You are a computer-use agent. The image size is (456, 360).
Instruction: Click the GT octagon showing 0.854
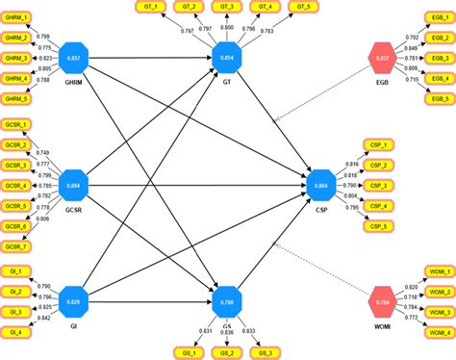point(227,58)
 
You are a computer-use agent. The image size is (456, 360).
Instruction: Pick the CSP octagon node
point(321,185)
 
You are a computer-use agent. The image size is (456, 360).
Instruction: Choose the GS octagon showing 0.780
point(227,302)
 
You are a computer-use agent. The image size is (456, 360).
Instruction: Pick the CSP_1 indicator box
point(378,144)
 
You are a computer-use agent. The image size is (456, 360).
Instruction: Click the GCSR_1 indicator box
point(16,125)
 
